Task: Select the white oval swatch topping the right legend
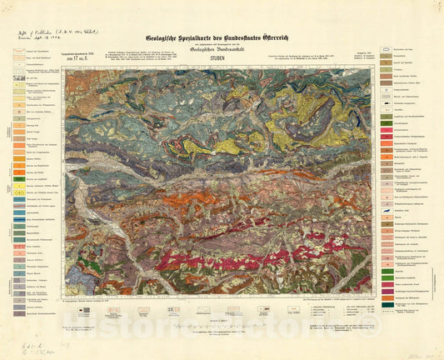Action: (387, 50)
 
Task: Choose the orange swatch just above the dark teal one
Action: (387, 294)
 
